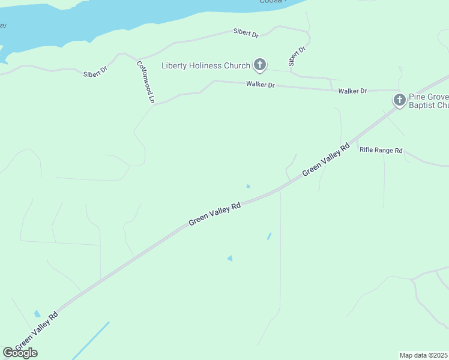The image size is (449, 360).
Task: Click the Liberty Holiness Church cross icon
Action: pos(260,64)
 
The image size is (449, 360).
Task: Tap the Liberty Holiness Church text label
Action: pos(206,65)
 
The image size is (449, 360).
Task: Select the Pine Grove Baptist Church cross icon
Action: pos(399,100)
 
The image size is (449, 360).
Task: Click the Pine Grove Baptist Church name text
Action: pos(429,101)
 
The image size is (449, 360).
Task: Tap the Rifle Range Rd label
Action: pos(381,150)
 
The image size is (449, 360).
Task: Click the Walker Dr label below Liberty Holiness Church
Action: pos(260,85)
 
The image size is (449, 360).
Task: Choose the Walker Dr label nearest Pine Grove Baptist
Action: pos(352,91)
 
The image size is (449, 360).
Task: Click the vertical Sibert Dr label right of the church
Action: pos(297,56)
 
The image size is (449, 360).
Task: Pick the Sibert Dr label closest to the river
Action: pos(246,34)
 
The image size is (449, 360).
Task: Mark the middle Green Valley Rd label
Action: pos(215,213)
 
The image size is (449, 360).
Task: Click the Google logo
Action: pos(20,353)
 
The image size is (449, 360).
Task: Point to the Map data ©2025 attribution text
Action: pos(424,355)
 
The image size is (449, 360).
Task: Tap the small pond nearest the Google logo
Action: pos(38,314)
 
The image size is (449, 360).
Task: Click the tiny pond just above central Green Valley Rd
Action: pos(248,186)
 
